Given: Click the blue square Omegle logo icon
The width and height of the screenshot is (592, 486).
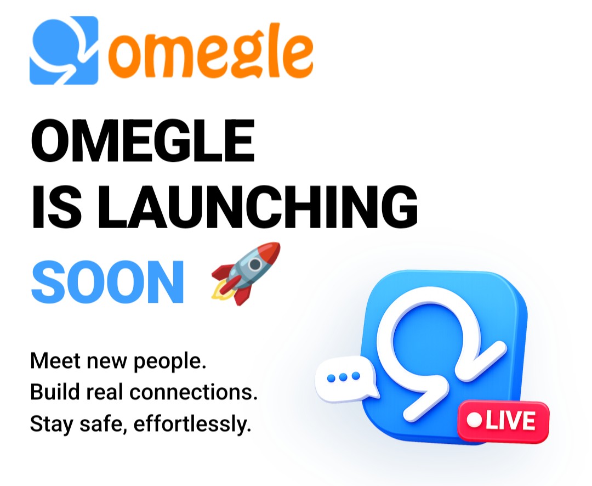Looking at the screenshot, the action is point(64,50).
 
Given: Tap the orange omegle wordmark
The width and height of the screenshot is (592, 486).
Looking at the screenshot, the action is point(210,50).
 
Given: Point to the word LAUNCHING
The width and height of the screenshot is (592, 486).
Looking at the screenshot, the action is point(258,207).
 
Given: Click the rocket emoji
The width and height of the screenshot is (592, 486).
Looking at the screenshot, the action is point(246,274).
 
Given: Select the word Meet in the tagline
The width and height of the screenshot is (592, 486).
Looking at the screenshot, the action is point(55,361).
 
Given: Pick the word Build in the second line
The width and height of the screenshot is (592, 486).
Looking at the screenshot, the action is point(55,392).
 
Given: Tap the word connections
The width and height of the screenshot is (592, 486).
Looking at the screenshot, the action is point(193,393).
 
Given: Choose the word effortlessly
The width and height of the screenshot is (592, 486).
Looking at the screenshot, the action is point(192,425).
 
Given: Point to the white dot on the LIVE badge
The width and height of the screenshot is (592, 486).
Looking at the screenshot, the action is point(474,421).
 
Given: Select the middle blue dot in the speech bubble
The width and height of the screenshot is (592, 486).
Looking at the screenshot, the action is point(343,377).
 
